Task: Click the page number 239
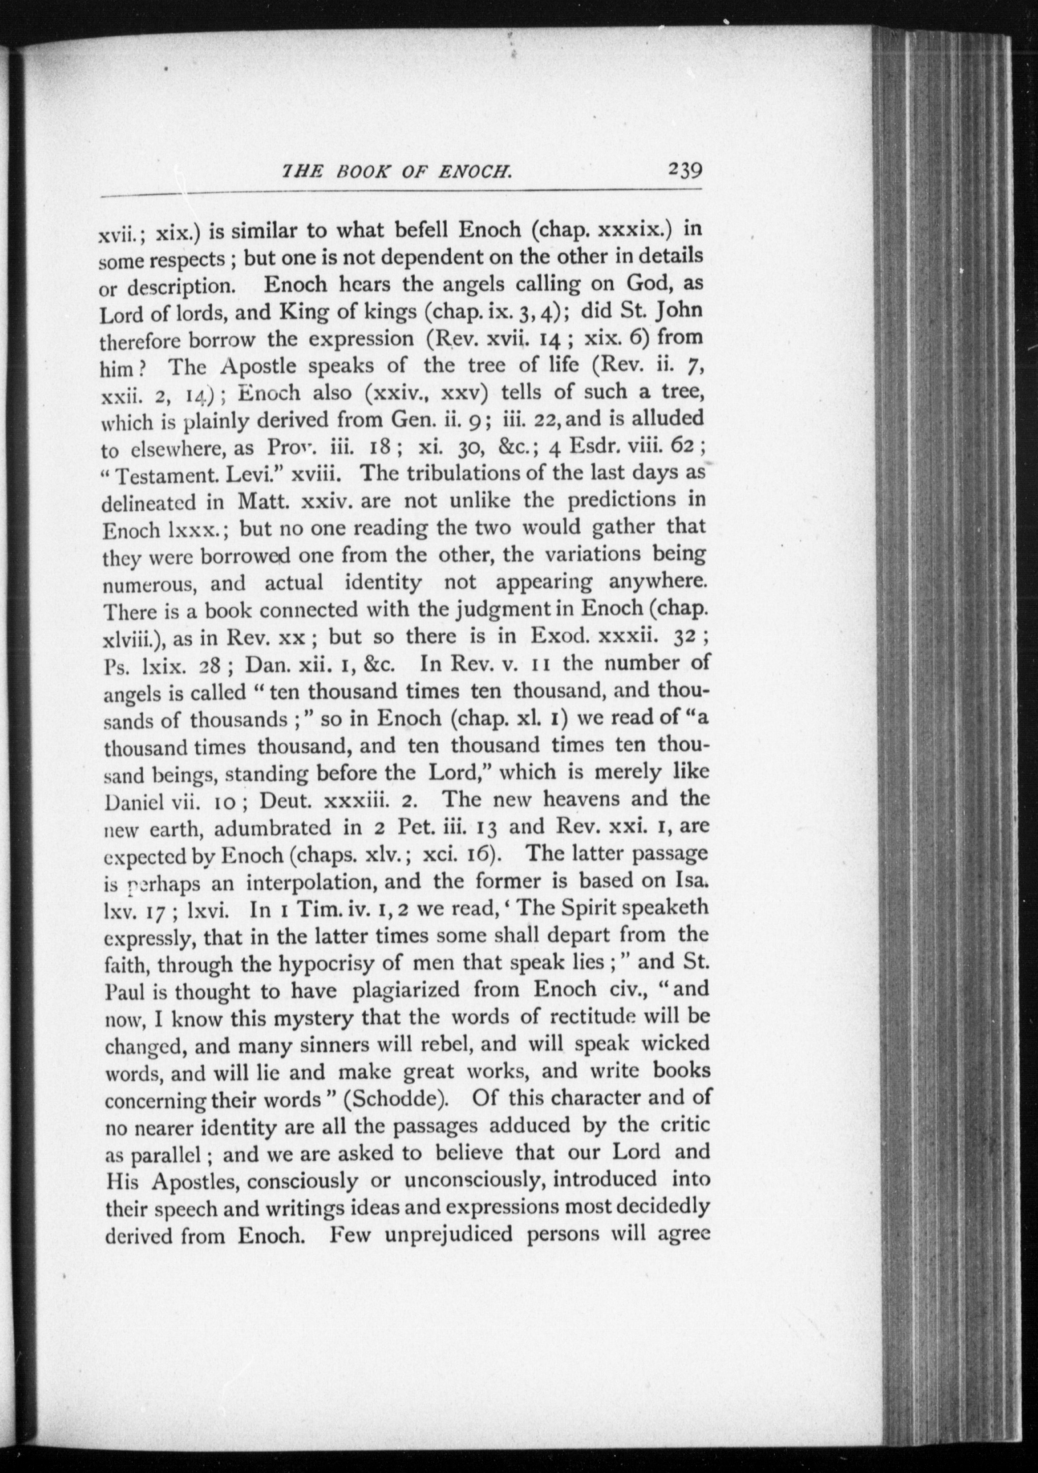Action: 685,171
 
